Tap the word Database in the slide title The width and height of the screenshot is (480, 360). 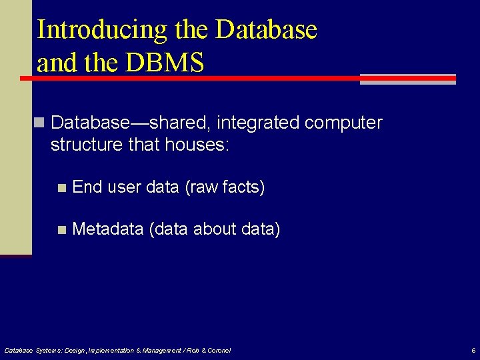click(x=266, y=30)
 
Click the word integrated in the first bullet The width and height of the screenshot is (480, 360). click(x=260, y=123)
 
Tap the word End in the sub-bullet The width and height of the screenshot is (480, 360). click(x=87, y=187)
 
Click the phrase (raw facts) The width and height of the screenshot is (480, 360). click(x=225, y=187)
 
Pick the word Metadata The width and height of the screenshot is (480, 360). click(x=108, y=229)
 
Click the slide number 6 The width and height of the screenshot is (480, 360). click(x=473, y=350)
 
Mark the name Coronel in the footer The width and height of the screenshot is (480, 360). click(x=218, y=350)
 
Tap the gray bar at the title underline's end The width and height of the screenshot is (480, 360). click(x=408, y=79)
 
